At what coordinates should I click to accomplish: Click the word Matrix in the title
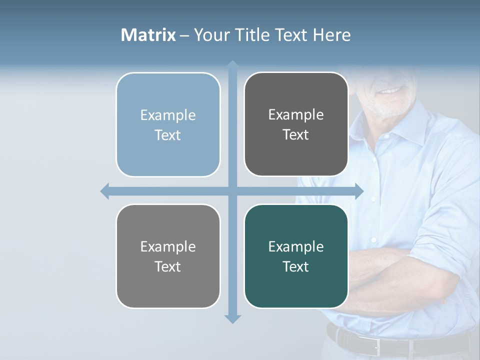click(148, 35)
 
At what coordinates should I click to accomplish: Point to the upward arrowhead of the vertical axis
click(232, 64)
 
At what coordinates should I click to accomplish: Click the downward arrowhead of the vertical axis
click(232, 319)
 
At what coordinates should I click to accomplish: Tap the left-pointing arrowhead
click(105, 191)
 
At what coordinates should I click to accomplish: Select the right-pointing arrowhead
click(359, 191)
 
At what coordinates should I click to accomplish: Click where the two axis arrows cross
click(232, 191)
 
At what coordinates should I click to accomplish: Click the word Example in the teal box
click(296, 246)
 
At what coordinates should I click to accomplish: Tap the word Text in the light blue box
click(168, 135)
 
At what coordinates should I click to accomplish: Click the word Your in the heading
click(209, 35)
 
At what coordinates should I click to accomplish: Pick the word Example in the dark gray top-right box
click(296, 114)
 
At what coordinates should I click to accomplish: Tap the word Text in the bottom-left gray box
click(168, 267)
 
